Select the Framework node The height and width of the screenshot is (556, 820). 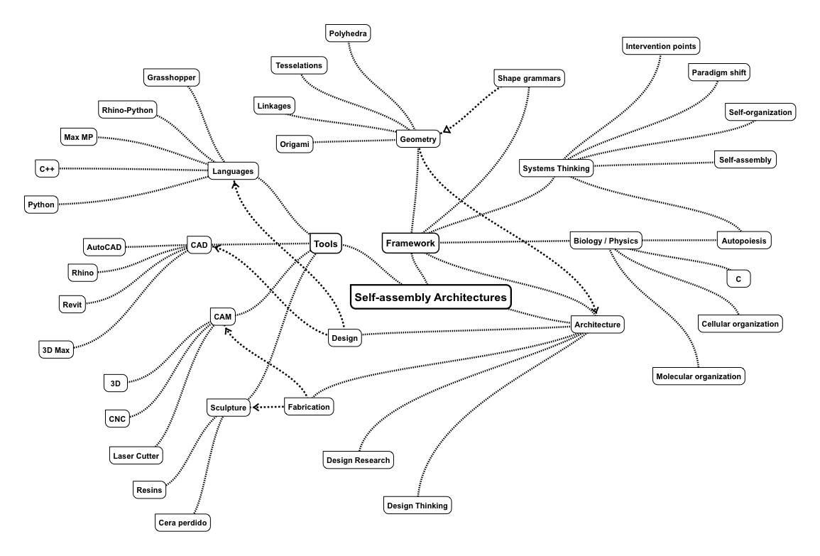pyautogui.click(x=410, y=244)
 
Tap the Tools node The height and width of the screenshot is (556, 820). pyautogui.click(x=325, y=244)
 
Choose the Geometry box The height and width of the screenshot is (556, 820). pyautogui.click(x=417, y=140)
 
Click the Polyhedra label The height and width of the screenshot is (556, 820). pyautogui.click(x=349, y=33)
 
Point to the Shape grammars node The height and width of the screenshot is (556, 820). pyautogui.click(x=529, y=77)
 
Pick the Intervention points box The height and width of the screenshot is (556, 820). pyautogui.click(x=661, y=47)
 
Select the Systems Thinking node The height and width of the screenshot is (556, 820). pyautogui.click(x=556, y=168)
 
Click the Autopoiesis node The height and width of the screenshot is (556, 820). pyautogui.click(x=743, y=240)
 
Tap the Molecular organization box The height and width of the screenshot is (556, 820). pyautogui.click(x=699, y=376)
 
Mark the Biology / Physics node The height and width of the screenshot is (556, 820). pyautogui.click(x=606, y=239)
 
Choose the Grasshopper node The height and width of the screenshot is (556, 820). pyautogui.click(x=170, y=77)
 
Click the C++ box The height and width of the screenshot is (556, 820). pyautogui.click(x=47, y=169)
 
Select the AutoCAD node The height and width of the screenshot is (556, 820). pyautogui.click(x=104, y=246)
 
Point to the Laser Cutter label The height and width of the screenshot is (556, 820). pyautogui.click(x=136, y=454)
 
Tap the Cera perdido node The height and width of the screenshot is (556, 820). pyautogui.click(x=183, y=523)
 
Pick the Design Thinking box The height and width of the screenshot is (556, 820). pyautogui.click(x=417, y=506)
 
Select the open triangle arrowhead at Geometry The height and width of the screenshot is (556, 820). pyautogui.click(x=447, y=129)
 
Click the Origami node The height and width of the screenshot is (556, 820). pyautogui.click(x=294, y=143)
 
